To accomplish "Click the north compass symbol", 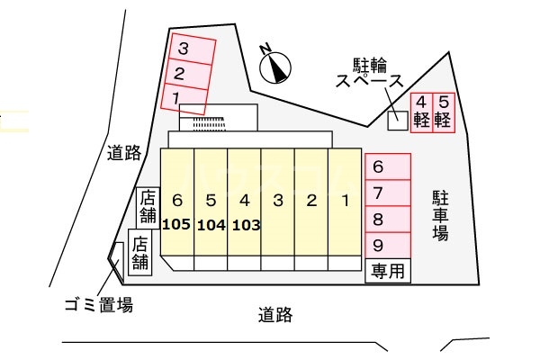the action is (274, 66).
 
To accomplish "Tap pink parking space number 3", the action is (193, 49).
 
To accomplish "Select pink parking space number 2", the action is (189, 74).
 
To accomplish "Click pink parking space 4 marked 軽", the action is (421, 112).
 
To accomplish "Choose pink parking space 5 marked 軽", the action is (444, 112).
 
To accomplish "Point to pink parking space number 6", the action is (388, 166).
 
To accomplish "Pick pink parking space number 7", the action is (388, 193).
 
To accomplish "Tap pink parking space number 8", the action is (388, 220).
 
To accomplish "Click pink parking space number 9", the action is (388, 246).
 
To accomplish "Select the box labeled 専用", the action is (388, 271).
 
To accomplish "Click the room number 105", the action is (176, 225).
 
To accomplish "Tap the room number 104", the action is (211, 225).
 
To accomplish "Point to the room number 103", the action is (247, 225).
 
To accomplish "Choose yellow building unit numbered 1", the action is (345, 202).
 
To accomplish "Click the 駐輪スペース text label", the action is (370, 73).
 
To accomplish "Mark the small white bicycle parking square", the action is (398, 121).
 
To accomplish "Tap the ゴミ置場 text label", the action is (99, 305).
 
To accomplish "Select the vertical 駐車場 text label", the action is (440, 215).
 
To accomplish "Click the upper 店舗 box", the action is (148, 208).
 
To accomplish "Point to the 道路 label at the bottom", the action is (275, 315).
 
